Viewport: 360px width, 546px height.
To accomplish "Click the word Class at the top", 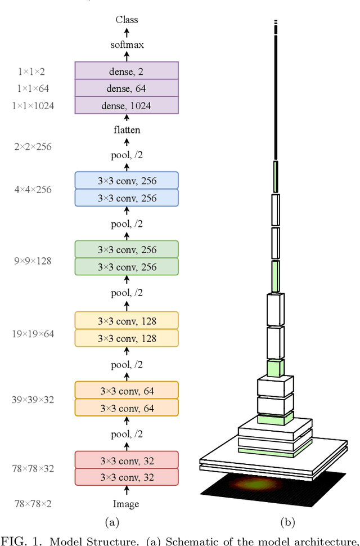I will coord(127,20).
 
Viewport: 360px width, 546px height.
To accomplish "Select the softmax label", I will coord(127,44).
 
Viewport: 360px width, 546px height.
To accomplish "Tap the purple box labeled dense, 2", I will coord(127,71).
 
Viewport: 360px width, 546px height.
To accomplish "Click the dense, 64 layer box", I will coord(127,88).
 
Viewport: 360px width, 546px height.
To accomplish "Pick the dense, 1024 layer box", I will coord(127,105).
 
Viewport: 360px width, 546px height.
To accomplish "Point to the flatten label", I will coord(127,130).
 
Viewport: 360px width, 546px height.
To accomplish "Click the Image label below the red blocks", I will coord(126,504).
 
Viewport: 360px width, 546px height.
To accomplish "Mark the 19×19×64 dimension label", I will coord(33,334).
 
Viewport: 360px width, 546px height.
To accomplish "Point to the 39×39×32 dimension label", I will coord(33,400).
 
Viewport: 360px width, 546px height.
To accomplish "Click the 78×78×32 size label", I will coord(33,468).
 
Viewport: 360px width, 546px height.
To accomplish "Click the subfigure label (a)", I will coord(113,522).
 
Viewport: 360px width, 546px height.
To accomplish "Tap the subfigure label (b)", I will coord(288,522).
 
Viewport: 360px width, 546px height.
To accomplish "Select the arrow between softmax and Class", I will coord(127,32).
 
